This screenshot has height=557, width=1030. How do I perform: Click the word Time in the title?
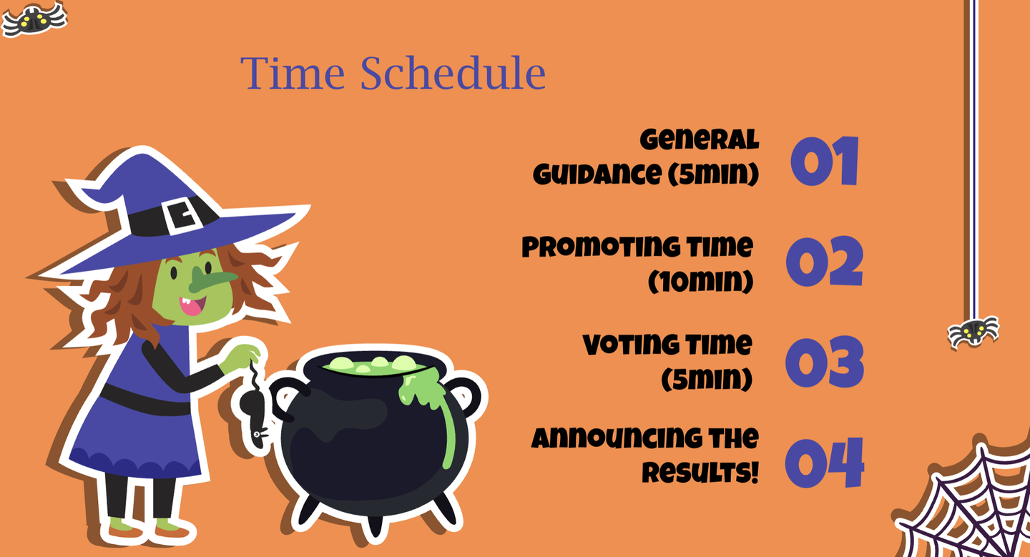tap(293, 73)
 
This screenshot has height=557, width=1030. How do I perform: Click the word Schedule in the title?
tap(453, 72)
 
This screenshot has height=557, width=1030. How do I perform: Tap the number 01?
tap(825, 161)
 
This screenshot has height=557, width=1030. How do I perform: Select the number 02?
tap(825, 261)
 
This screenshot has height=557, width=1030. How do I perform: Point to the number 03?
tap(825, 362)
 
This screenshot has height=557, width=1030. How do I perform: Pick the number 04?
tap(825, 463)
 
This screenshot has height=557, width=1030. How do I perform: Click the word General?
tap(700, 139)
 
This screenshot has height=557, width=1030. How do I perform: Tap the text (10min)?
tap(701, 281)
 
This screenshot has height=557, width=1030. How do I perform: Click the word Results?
tap(700, 473)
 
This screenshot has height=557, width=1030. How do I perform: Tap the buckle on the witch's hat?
tap(182, 215)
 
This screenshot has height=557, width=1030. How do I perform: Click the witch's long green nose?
tap(212, 279)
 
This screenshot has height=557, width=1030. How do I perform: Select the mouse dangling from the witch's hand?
tap(254, 412)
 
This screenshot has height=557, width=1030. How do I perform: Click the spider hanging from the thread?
tap(973, 332)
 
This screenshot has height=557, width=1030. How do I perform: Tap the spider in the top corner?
tap(34, 19)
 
